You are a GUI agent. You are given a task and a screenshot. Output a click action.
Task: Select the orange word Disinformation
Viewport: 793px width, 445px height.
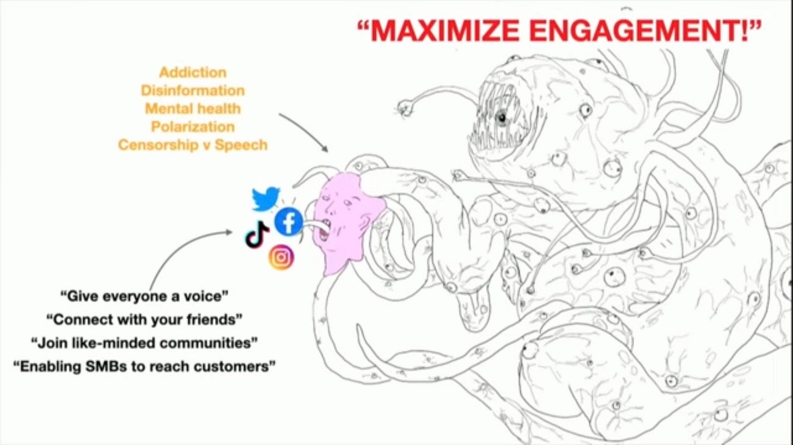click(192, 90)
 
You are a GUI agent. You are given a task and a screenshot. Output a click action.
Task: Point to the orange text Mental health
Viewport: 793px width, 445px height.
click(192, 108)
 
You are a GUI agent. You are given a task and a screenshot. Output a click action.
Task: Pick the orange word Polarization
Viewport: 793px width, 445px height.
click(192, 127)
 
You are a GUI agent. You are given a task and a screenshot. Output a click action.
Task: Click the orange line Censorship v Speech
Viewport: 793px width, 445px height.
click(192, 145)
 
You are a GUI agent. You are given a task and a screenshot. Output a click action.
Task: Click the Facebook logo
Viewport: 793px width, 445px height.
click(289, 222)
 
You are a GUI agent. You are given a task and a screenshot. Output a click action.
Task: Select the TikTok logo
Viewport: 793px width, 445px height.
click(257, 236)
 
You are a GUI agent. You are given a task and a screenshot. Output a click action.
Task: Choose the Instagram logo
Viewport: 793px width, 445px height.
click(281, 257)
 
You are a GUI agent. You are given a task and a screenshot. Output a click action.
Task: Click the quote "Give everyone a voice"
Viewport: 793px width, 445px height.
click(144, 296)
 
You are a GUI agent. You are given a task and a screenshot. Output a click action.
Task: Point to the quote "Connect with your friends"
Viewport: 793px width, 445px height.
click(144, 319)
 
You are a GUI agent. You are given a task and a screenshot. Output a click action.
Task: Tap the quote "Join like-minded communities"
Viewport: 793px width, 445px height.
click(144, 343)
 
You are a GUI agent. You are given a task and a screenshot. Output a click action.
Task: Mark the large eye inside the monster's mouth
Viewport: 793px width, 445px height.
click(501, 116)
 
